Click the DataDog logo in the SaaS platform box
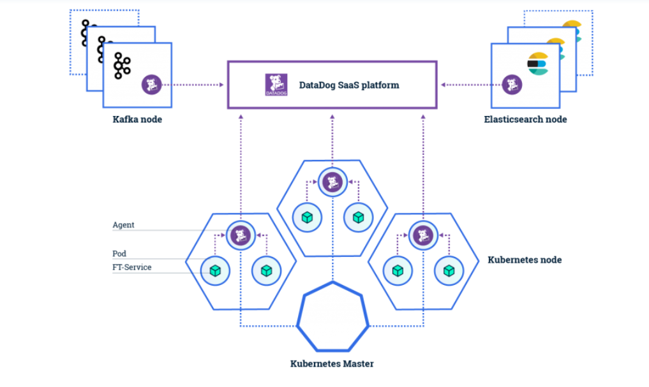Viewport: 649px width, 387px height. click(276, 85)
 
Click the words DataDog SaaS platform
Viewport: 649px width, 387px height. click(349, 85)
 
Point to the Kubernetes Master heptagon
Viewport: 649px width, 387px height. click(333, 316)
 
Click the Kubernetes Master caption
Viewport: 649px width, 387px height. click(332, 364)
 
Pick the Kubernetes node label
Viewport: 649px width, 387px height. click(525, 260)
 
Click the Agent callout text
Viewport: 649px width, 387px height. click(123, 225)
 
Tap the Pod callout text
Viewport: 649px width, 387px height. click(119, 254)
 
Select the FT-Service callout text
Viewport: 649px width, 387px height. click(132, 267)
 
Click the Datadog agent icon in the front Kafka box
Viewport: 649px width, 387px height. click(151, 84)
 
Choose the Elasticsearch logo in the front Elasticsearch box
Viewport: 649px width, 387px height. click(537, 64)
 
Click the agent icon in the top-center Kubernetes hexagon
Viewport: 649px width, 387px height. click(331, 182)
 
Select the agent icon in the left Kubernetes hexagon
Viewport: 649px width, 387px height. click(240, 235)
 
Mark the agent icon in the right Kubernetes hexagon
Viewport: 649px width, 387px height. click(422, 235)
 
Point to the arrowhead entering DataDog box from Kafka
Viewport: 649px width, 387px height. click(223, 84)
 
